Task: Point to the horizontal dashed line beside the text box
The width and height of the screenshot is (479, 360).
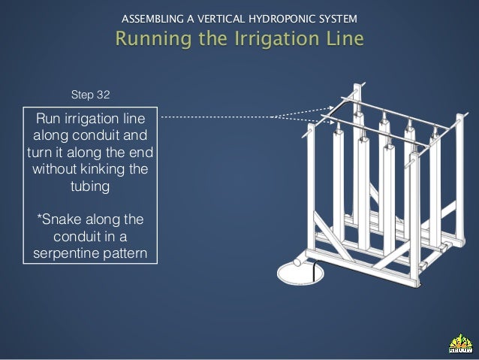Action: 218,116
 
